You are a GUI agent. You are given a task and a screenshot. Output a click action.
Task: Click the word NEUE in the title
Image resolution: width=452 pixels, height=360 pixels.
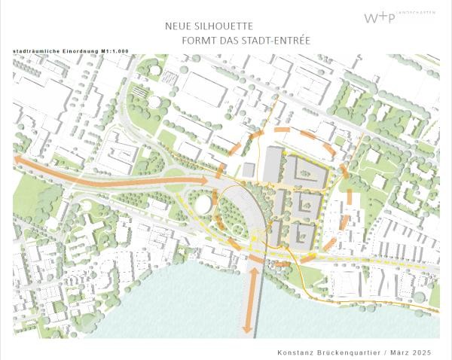[x=178, y=26]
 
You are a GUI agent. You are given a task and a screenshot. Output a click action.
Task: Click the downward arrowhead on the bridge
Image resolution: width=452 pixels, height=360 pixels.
[x=247, y=329]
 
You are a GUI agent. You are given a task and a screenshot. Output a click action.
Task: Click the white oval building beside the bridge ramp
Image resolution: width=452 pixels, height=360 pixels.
[x=203, y=204]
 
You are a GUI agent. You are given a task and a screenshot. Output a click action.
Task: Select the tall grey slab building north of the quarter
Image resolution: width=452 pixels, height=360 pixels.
[x=272, y=163]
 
